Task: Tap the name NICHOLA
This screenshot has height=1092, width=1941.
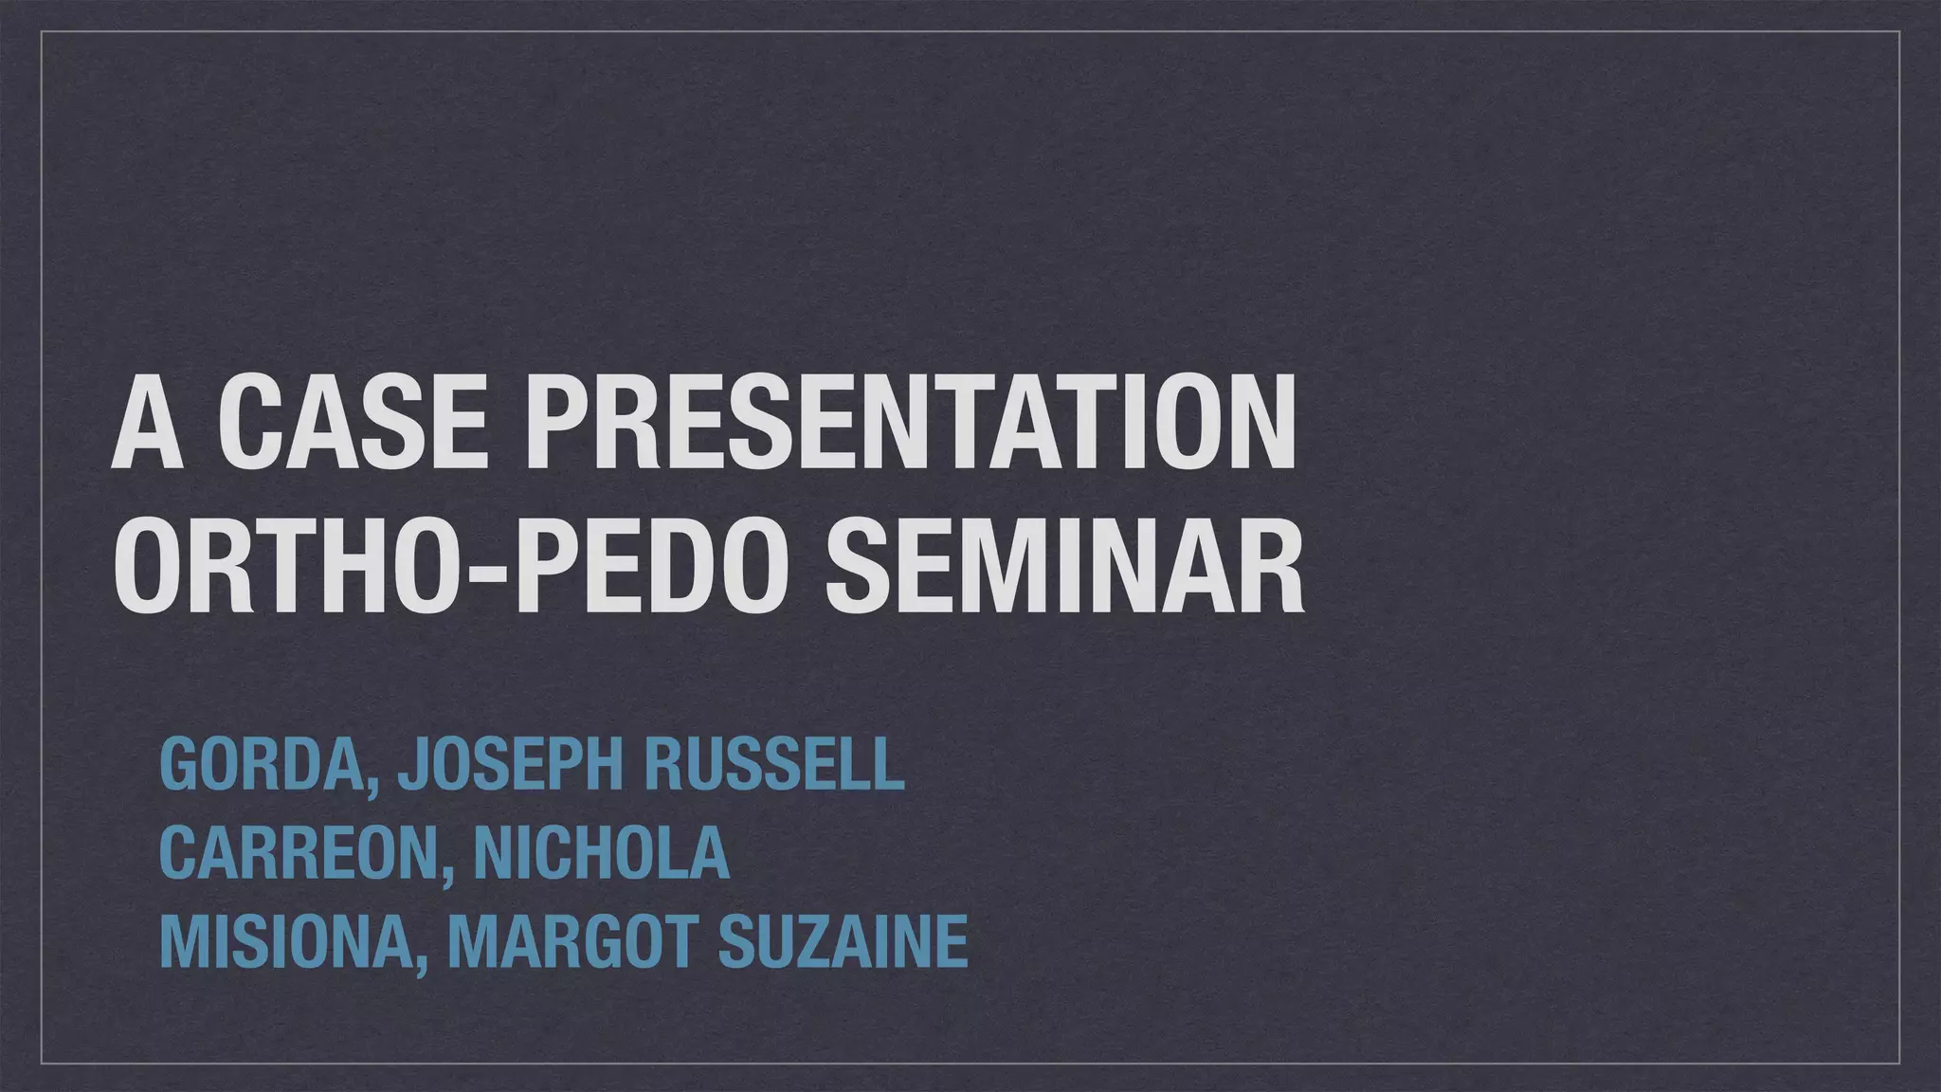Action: [x=601, y=853]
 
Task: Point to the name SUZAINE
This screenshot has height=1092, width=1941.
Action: [x=844, y=941]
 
